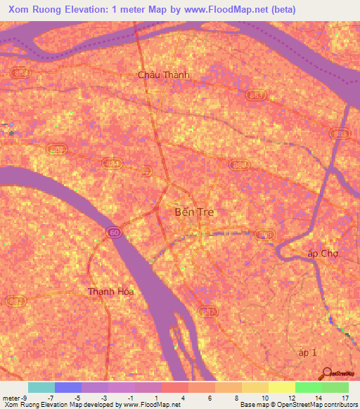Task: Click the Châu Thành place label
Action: [x=163, y=74]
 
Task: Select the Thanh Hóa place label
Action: [x=110, y=291]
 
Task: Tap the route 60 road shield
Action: [x=113, y=231]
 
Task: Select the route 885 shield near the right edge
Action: [x=339, y=134]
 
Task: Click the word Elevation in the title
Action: [x=85, y=10]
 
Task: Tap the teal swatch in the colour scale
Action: [x=41, y=387]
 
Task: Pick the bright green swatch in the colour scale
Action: [x=309, y=387]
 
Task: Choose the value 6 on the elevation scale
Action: [x=210, y=398]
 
